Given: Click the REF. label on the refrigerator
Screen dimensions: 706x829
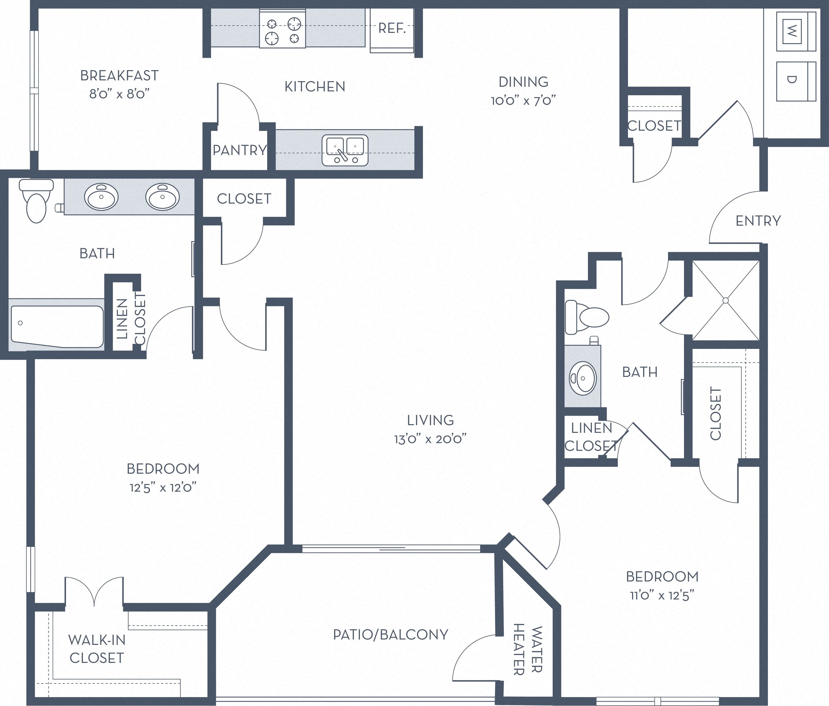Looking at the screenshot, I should coord(392,28).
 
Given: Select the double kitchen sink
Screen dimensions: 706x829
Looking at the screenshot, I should coord(345,150).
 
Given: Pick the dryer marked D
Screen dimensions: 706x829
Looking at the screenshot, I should coord(795,81).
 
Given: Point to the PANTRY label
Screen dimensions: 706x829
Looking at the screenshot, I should coord(239,150).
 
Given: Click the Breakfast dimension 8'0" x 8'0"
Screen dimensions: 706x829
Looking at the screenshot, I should coord(119,94).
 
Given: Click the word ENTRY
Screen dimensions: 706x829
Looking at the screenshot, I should coord(758,221).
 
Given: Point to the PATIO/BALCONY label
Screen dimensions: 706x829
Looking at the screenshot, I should coord(390,635).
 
